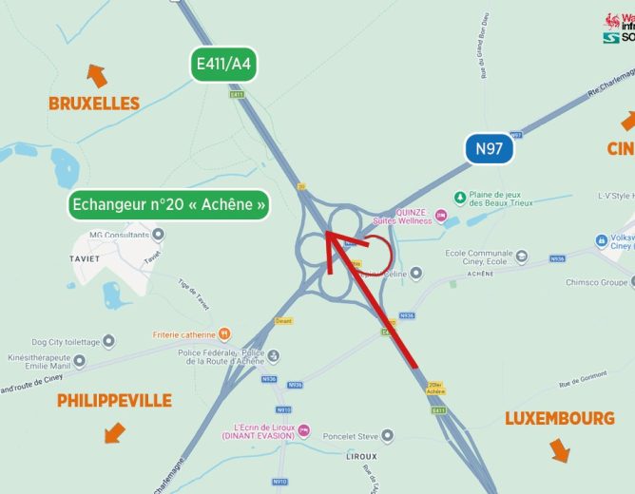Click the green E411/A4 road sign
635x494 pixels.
click(223, 65)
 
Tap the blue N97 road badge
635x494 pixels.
click(489, 148)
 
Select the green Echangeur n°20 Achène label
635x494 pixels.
click(168, 205)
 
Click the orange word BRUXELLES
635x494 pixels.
click(94, 103)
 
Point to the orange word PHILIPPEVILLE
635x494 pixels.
click(114, 400)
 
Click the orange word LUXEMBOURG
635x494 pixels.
click(559, 418)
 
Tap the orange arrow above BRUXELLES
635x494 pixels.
click(96, 74)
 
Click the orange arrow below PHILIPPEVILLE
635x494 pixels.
click(114, 433)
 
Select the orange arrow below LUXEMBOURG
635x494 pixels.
click(559, 449)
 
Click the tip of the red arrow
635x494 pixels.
click(327, 235)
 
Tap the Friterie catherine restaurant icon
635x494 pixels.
click(224, 333)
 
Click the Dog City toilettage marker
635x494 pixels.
click(109, 341)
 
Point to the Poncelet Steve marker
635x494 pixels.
click(387, 436)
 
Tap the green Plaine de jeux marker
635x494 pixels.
click(460, 198)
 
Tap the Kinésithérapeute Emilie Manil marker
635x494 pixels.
click(80, 361)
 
